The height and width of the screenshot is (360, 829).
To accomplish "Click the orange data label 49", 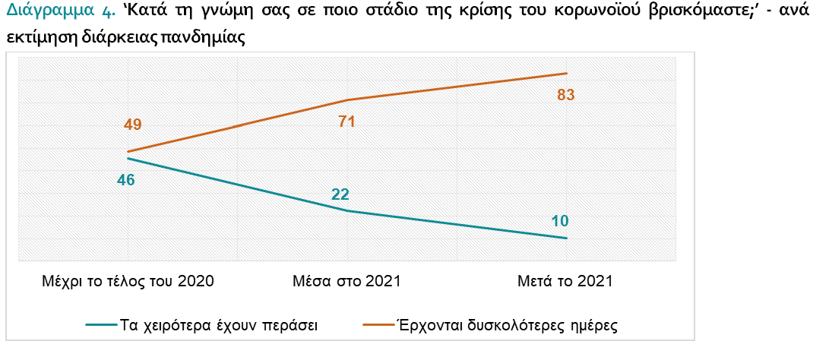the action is [133, 125].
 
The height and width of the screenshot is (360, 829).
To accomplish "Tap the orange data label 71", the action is [346, 122].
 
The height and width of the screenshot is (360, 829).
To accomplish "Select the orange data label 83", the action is [565, 95].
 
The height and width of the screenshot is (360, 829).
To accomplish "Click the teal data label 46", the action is [126, 180].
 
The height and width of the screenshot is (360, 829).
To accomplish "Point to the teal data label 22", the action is [341, 194].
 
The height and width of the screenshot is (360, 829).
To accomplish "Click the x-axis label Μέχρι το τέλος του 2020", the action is [128, 281].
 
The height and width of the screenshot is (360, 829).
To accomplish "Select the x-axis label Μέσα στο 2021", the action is [346, 281].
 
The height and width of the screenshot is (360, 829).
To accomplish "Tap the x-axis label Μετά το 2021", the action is [565, 281].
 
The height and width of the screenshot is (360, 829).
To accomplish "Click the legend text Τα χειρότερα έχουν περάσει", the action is [219, 325].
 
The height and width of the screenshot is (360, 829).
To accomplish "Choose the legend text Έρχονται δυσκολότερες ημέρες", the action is [505, 325].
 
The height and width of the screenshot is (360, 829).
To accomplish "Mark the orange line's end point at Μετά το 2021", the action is [567, 73].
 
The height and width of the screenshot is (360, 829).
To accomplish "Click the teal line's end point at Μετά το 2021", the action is [567, 238].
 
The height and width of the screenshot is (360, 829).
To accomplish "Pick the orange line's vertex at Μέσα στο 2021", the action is [347, 100].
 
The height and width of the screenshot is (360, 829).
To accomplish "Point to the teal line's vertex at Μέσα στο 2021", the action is [347, 211].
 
